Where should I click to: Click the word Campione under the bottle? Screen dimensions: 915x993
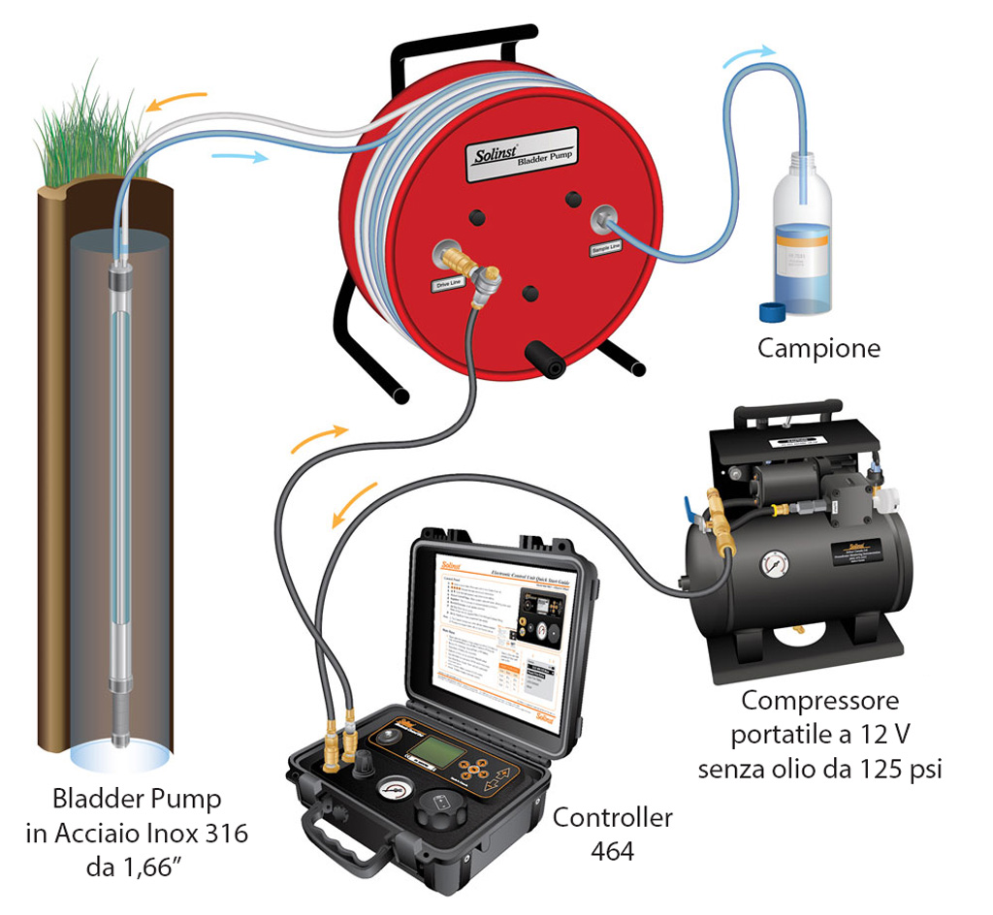click(818, 348)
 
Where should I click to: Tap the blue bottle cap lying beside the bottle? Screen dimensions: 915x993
click(773, 311)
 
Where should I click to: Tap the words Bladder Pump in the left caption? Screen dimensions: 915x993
click(137, 800)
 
